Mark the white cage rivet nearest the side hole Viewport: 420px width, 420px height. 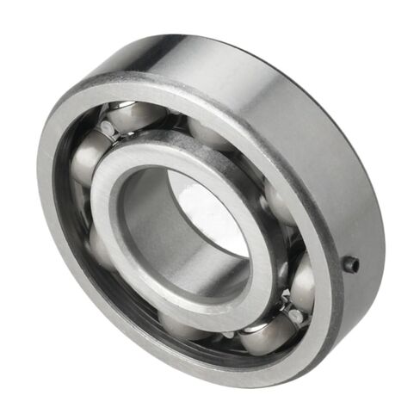pos(297,317)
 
